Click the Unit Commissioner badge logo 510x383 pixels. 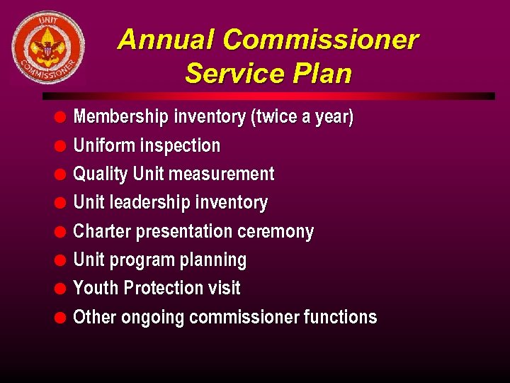(x=47, y=48)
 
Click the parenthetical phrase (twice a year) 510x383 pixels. (x=302, y=117)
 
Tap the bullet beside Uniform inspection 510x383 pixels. (x=62, y=146)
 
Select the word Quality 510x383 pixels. (x=101, y=174)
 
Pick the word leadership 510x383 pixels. (x=149, y=203)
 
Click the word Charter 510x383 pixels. (x=101, y=232)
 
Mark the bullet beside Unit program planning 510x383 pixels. (x=62, y=260)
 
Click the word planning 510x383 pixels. (x=213, y=260)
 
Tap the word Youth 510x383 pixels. (x=96, y=289)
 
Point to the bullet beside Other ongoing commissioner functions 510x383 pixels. (x=62, y=317)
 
